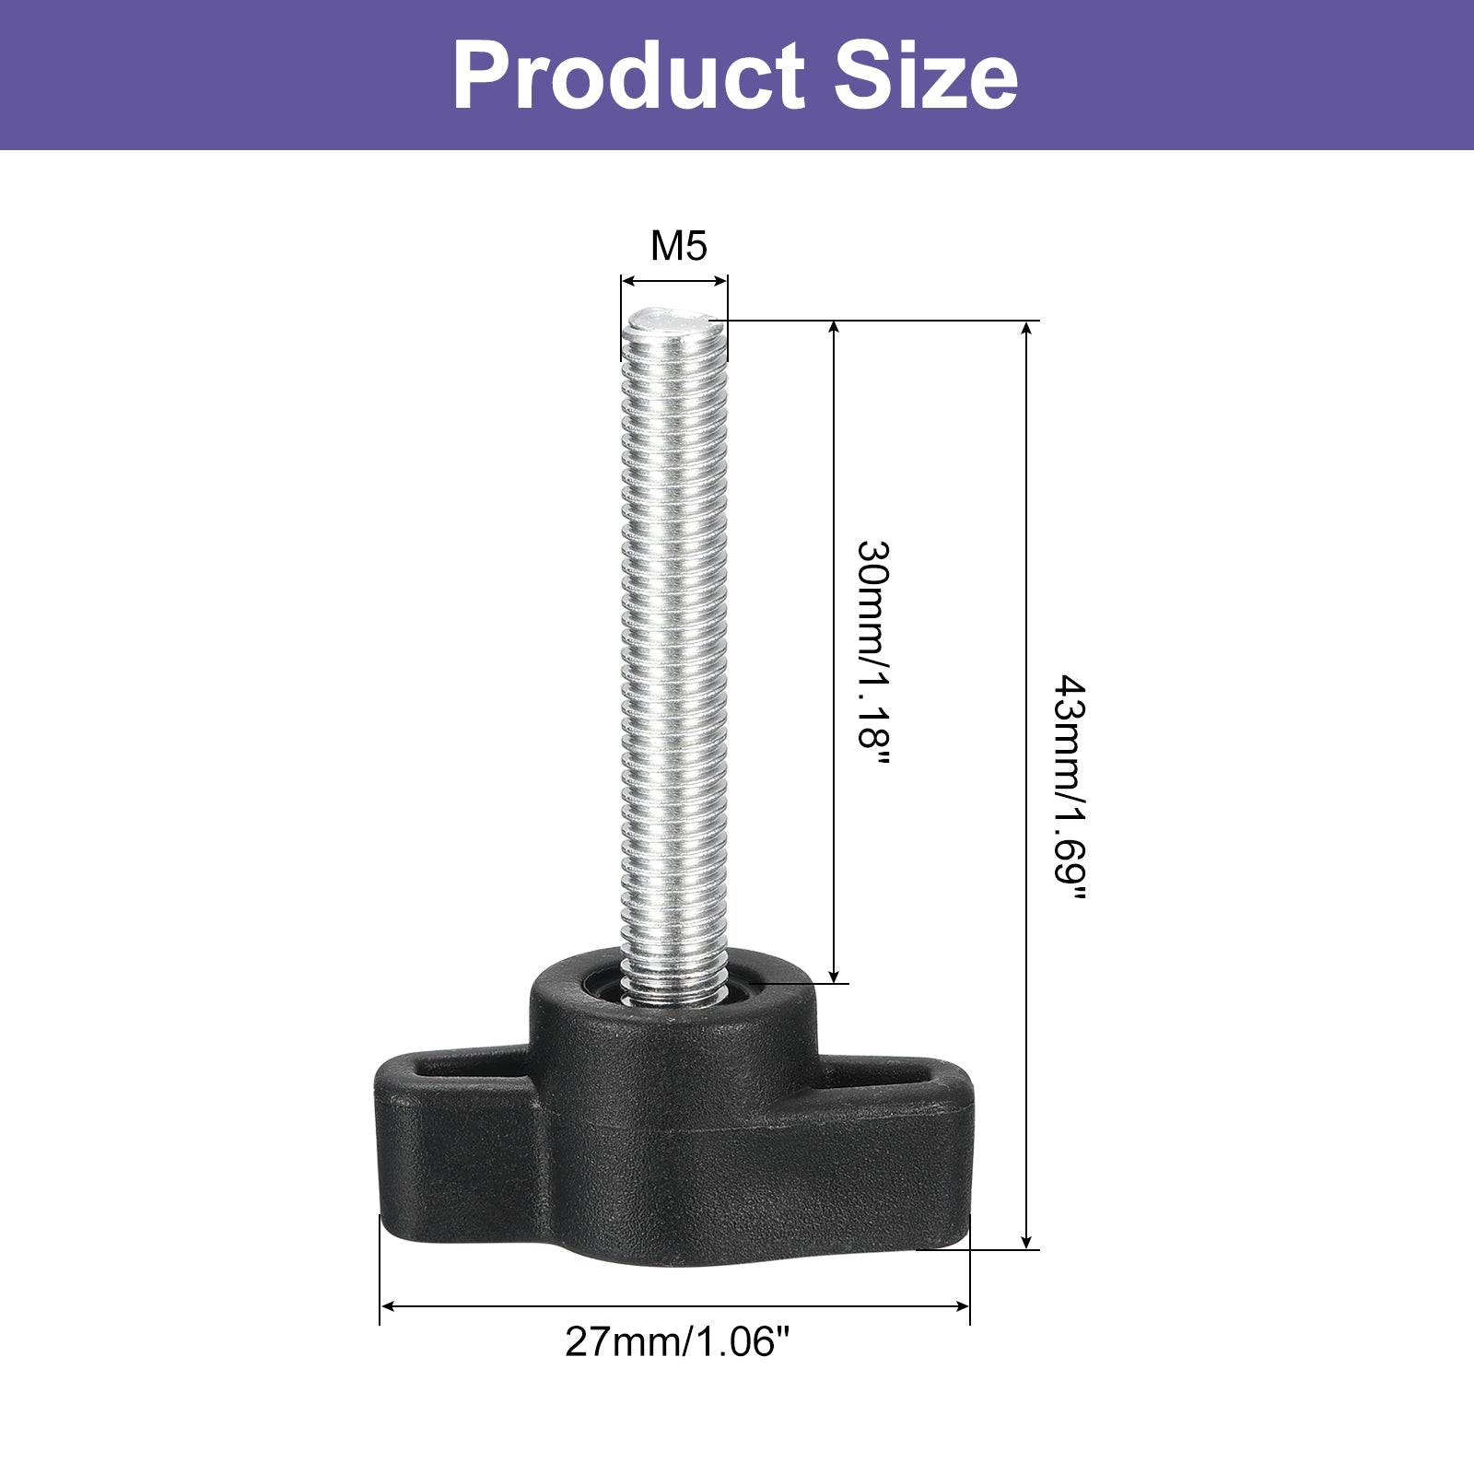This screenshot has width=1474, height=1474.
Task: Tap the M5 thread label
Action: [679, 246]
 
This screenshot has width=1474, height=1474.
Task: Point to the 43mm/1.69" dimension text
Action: [1070, 790]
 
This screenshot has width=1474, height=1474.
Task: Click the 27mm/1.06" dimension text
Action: [678, 1342]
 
